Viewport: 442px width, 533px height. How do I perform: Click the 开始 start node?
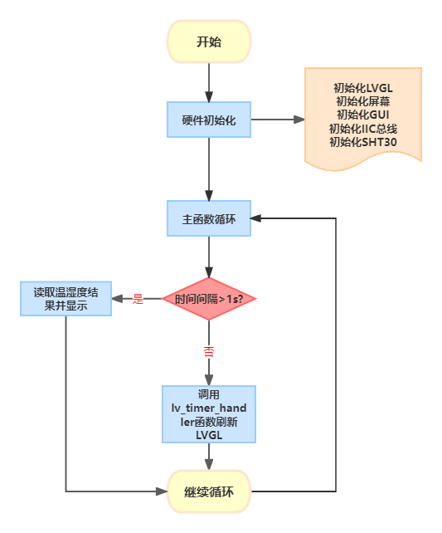click(209, 42)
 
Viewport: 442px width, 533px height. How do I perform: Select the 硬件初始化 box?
click(209, 120)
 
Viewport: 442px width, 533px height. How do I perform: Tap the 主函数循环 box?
click(209, 218)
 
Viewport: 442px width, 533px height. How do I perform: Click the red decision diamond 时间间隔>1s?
click(209, 299)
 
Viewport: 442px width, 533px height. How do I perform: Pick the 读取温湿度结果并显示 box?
click(66, 299)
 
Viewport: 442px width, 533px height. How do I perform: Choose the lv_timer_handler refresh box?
click(209, 414)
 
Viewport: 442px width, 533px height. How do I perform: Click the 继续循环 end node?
click(209, 491)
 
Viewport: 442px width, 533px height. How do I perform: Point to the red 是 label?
click(138, 299)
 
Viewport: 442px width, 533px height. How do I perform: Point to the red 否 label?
click(209, 351)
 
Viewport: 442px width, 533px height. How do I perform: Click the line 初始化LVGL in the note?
click(363, 88)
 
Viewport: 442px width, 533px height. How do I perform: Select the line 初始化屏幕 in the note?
click(363, 101)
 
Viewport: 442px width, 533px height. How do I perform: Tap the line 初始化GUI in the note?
click(363, 115)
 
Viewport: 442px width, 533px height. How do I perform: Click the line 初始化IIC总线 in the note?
click(363, 129)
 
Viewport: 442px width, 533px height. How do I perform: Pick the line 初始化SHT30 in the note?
click(363, 142)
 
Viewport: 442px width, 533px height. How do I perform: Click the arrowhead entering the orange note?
click(299, 120)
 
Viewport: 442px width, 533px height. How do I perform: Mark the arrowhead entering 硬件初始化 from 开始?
click(209, 96)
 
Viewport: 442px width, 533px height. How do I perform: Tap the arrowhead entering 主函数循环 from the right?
click(256, 218)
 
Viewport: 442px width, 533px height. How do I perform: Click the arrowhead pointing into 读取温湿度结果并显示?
click(117, 299)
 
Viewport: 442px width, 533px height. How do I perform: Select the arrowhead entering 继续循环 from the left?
click(162, 491)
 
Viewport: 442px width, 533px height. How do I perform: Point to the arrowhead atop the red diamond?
click(209, 272)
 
